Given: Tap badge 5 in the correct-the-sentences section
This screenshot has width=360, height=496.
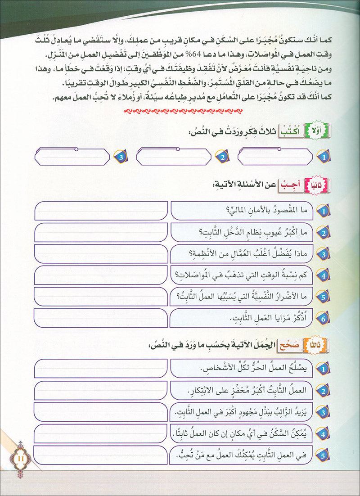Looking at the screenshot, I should [322, 456].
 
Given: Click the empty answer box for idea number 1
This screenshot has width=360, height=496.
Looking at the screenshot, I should [274, 157].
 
